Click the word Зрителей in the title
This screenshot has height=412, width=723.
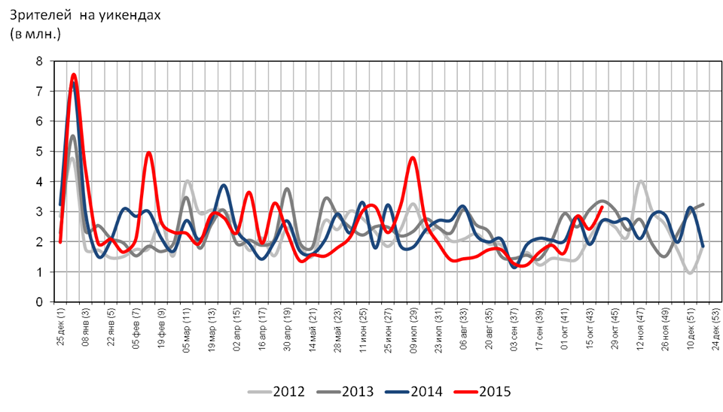pyautogui.click(x=38, y=16)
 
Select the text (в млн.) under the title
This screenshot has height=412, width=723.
pyautogui.click(x=35, y=34)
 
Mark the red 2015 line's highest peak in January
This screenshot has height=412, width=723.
pyautogui.click(x=74, y=74)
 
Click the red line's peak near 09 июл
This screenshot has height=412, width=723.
pyautogui.click(x=413, y=157)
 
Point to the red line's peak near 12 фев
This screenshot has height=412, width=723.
pyautogui.click(x=148, y=153)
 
